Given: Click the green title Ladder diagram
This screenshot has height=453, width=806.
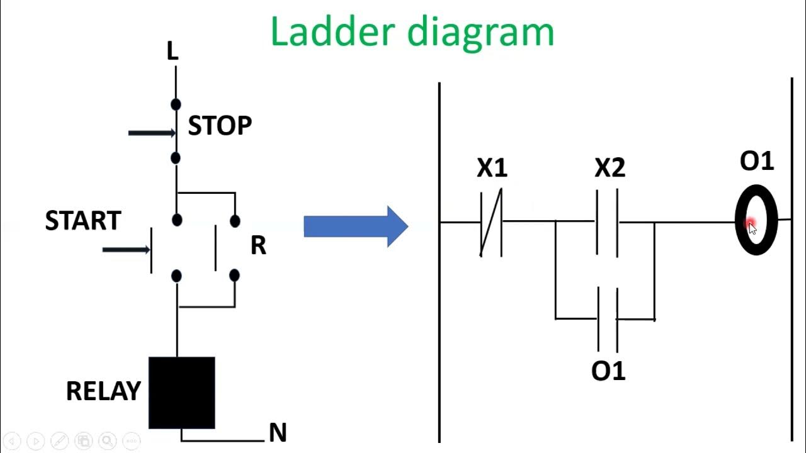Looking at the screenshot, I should [x=412, y=31].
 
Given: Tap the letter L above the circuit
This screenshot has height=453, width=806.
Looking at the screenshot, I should [x=172, y=52].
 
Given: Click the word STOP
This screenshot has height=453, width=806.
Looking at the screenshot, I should [x=220, y=126].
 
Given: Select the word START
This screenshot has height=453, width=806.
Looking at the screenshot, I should [x=82, y=221].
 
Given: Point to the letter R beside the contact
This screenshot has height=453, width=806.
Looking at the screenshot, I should [x=258, y=246].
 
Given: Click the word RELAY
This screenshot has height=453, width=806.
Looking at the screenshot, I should [x=103, y=391].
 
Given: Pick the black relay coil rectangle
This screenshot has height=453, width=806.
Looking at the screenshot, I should [x=181, y=393].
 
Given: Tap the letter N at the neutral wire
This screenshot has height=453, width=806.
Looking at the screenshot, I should [x=277, y=433].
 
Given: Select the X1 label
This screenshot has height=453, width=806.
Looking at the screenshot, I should [x=492, y=168].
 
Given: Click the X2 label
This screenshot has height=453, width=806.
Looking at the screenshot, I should [x=610, y=168].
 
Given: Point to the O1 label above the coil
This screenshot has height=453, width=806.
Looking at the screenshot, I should [x=756, y=161].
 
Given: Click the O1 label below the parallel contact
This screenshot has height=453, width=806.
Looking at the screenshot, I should [x=608, y=371].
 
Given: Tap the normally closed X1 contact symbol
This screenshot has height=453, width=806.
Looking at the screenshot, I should [x=491, y=222].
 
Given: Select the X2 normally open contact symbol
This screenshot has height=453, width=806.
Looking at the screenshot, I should [x=608, y=222].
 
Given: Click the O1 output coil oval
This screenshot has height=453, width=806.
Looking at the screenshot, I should [x=756, y=220].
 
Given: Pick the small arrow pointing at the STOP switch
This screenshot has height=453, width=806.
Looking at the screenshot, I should [x=151, y=133].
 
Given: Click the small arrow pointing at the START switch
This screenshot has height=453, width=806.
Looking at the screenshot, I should [x=126, y=250].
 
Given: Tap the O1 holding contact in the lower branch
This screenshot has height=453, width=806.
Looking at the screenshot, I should [x=608, y=320].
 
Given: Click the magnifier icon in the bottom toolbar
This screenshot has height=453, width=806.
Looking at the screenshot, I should [x=107, y=441].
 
